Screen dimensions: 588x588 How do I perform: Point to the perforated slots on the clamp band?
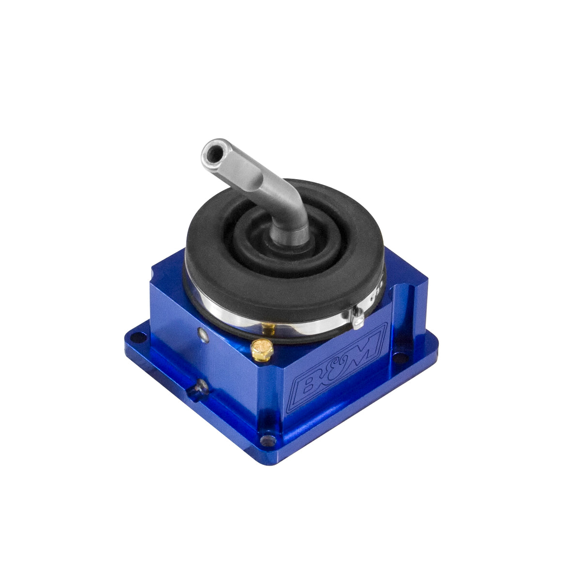pyautogui.click(x=381, y=286)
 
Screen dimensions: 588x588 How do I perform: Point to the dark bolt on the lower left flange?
pyautogui.click(x=199, y=388)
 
